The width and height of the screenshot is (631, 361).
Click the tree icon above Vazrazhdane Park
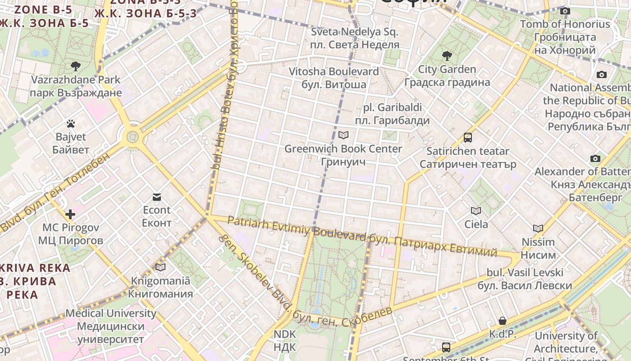click(76, 66)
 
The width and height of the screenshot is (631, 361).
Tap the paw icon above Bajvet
click(70, 123)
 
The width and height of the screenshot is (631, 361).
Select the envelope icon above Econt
click(157, 197)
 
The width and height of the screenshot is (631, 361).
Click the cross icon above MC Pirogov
click(70, 214)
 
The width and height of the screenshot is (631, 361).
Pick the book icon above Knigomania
click(160, 267)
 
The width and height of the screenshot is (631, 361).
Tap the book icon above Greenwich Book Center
click(343, 135)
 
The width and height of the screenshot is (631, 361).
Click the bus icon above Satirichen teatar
click(468, 138)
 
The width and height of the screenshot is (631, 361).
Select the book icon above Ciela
click(476, 211)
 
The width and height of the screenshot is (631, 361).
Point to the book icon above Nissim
click(538, 229)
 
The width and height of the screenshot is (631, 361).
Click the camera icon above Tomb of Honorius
click(565, 11)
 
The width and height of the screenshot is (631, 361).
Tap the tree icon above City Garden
click(447, 56)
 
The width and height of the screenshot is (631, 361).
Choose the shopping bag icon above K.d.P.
click(503, 321)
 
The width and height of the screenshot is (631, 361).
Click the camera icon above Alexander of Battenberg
click(595, 158)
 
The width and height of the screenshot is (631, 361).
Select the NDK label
click(285, 341)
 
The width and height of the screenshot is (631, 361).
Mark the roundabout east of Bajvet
click(133, 135)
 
